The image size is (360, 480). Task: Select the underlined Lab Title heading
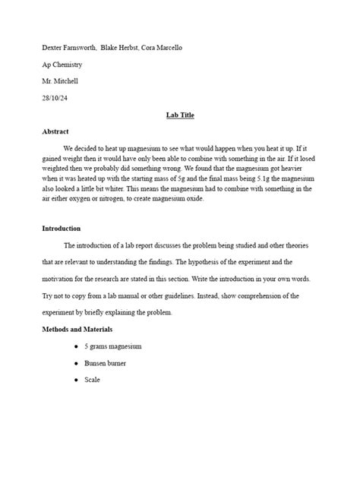[x=180, y=115]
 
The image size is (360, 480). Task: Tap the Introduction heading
[x=61, y=229]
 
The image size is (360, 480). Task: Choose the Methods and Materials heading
[x=77, y=329]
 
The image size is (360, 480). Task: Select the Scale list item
[x=92, y=380]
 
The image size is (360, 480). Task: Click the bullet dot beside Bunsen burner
[x=77, y=363]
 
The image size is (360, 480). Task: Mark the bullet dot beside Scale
[x=77, y=380]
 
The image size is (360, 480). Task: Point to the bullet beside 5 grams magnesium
[x=77, y=346]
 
